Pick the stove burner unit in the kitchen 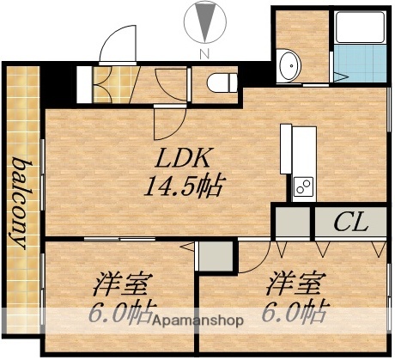tap(303, 184)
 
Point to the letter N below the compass tap(203, 53)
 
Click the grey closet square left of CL tap(291, 223)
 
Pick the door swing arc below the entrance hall tap(168, 124)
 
